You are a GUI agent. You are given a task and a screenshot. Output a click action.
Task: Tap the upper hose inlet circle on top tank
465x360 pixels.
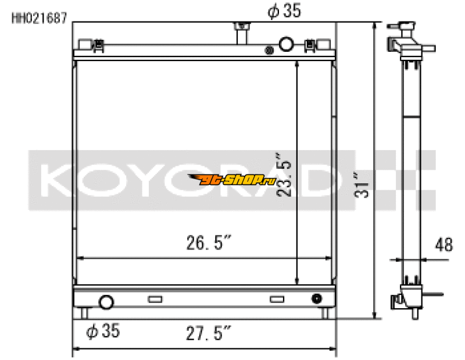[x=287, y=44]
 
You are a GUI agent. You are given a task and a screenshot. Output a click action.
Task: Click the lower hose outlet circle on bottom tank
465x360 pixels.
[x=106, y=302]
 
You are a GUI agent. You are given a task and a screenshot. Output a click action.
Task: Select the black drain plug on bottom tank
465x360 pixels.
[x=316, y=299]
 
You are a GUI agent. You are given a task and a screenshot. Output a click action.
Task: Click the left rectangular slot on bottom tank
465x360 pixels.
[x=155, y=300]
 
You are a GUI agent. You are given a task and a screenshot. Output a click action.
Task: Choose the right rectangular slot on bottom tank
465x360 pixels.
[x=277, y=300]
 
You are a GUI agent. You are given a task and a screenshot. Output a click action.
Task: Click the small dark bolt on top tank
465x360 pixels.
[x=269, y=50]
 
